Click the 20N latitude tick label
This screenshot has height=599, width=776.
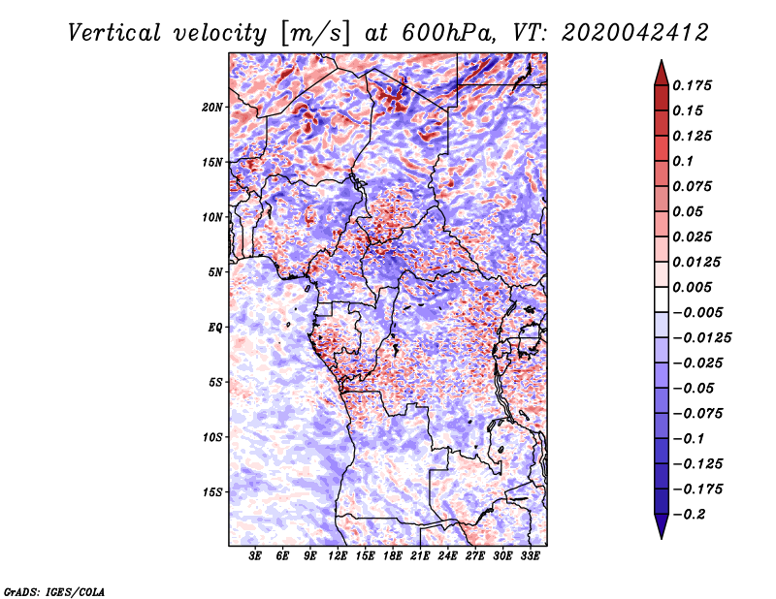212,107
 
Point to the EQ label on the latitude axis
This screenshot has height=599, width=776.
215,327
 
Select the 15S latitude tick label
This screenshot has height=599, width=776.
212,491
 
